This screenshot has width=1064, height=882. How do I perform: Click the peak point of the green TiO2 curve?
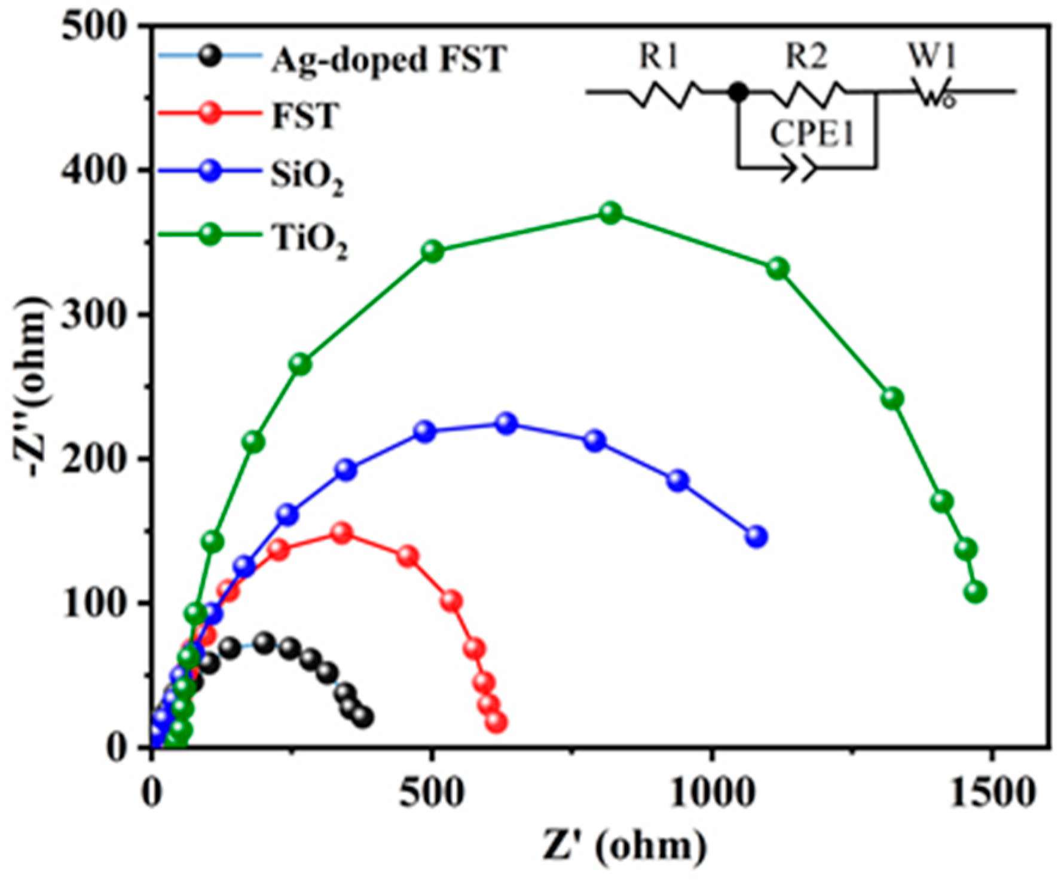click(x=610, y=213)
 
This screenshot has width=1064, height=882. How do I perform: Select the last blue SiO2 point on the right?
click(x=757, y=537)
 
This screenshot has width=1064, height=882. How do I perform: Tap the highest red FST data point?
click(x=342, y=532)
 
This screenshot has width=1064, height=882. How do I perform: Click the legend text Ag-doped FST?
click(x=389, y=60)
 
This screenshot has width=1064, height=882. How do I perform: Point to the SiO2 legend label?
click(x=307, y=178)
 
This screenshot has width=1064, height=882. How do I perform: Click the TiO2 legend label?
click(x=310, y=241)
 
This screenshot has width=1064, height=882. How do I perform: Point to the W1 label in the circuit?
click(x=932, y=57)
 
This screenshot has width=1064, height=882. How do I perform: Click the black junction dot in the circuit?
click(x=739, y=93)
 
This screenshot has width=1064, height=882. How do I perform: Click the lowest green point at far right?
click(x=975, y=593)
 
